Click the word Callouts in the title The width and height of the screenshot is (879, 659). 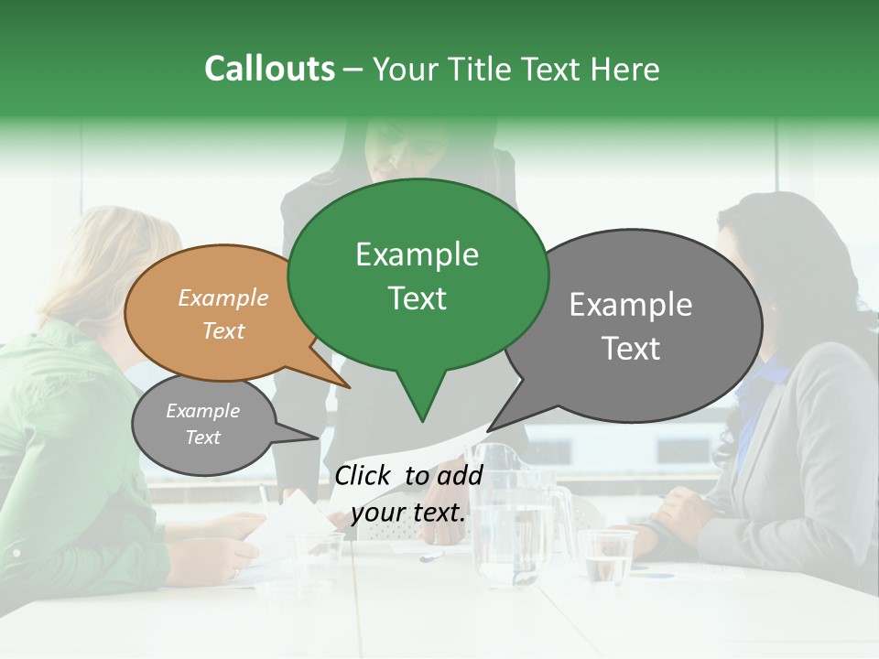pos(269,69)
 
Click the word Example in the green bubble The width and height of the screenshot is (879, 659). pos(418,254)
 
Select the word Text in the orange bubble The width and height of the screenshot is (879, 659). pos(223,330)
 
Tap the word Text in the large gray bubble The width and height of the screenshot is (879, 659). pos(631,349)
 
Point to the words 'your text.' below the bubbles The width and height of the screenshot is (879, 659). pos(408,513)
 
